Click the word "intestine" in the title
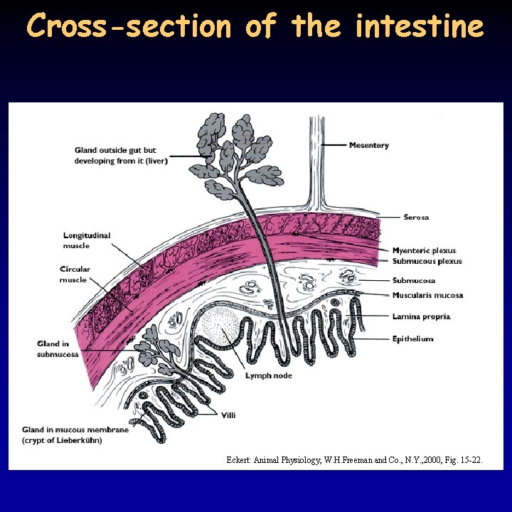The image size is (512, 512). click(419, 27)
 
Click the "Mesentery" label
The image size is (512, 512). click(368, 146)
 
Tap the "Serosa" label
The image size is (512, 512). click(416, 218)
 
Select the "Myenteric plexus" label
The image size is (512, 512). click(424, 250)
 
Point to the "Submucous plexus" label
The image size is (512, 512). click(427, 262)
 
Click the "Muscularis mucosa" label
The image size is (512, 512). click(427, 295)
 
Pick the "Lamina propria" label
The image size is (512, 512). click(421, 316)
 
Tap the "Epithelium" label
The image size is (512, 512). click(412, 339)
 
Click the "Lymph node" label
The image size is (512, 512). click(269, 375)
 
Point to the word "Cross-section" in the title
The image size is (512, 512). click(129, 27)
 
